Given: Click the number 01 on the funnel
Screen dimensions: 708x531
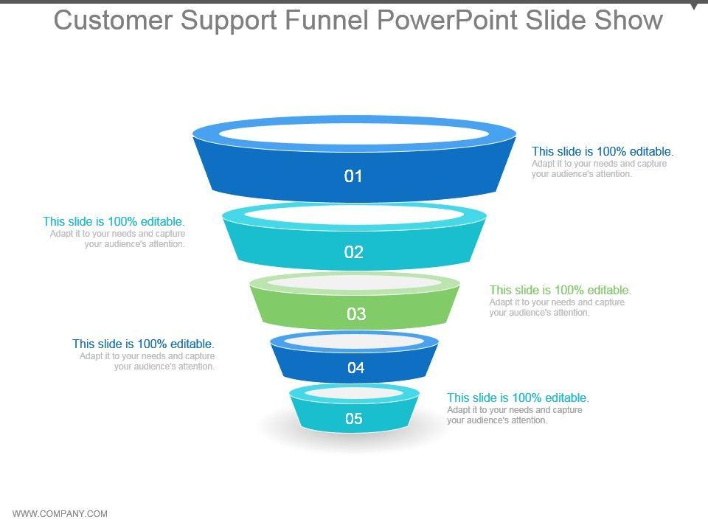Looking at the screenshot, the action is tap(354, 176).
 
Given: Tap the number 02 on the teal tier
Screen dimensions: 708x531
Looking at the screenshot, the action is tap(354, 252).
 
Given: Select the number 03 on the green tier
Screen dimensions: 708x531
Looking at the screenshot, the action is tap(356, 314).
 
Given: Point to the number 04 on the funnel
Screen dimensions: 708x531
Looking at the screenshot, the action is tap(356, 368).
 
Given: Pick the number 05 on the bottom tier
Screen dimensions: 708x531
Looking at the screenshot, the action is tap(354, 419).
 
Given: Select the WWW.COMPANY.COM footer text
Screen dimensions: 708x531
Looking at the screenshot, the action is tap(60, 514).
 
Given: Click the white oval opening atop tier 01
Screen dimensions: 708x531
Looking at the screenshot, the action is tap(354, 133).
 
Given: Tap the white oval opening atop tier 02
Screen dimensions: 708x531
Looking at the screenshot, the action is tap(354, 214).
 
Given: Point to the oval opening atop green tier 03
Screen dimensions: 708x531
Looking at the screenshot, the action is tap(355, 282).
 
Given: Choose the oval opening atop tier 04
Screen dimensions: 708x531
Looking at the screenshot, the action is tap(355, 341).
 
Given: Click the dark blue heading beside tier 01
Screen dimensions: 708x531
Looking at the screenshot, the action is tap(603, 152).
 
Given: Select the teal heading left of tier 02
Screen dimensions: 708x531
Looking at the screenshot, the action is tap(114, 221).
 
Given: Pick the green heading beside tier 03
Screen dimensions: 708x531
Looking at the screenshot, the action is tap(560, 290).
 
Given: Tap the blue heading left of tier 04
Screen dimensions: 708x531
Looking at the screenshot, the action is tap(143, 344).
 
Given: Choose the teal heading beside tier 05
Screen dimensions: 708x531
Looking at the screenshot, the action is tap(518, 398).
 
